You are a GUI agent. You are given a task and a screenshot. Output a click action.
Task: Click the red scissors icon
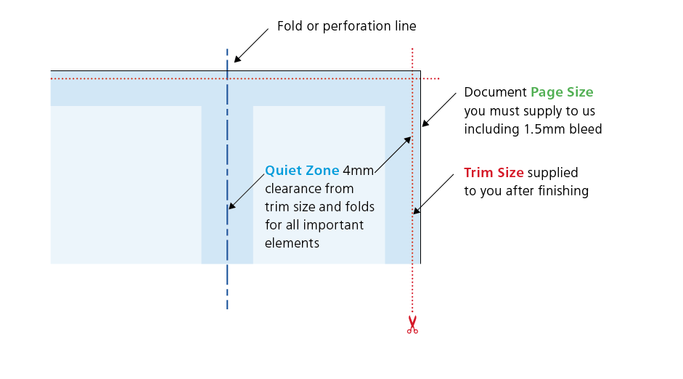(412, 325)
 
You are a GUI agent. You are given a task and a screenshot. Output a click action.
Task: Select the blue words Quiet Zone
(302, 171)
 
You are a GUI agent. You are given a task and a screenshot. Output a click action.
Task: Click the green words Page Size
(562, 92)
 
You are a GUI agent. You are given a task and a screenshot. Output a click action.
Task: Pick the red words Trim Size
(494, 173)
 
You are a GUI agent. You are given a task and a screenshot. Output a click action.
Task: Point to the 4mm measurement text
(358, 171)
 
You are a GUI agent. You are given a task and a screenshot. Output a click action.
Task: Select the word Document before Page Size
(495, 92)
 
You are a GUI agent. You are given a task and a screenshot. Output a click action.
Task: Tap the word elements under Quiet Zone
(292, 243)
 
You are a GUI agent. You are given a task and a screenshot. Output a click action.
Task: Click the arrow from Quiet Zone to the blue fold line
(247, 190)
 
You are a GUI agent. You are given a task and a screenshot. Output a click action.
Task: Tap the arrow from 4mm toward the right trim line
(393, 153)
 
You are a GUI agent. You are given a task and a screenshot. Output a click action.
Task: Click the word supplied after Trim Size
(553, 173)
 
